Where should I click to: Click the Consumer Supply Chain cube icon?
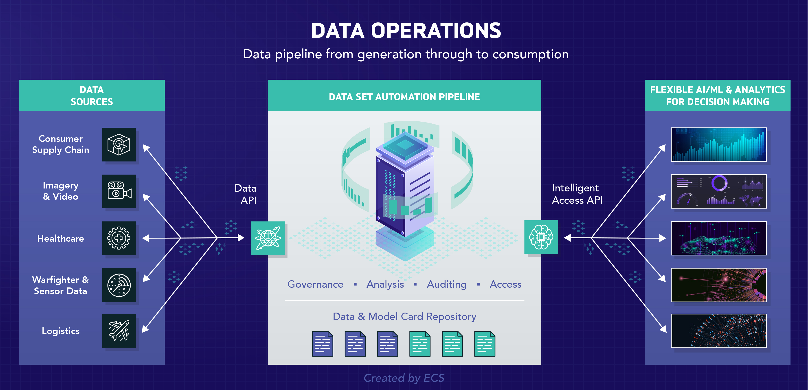coord(119,145)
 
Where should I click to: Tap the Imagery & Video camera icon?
coord(119,191)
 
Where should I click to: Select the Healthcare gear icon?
coord(119,238)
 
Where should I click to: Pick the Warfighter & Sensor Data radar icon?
coord(119,285)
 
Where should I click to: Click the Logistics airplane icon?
coord(119,331)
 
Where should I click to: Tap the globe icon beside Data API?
coord(268,238)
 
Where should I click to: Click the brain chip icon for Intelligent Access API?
coord(541,237)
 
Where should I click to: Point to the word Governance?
coord(315,284)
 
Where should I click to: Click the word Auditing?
coord(447,284)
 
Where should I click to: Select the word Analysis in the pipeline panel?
coord(385,284)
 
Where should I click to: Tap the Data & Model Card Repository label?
coord(404,316)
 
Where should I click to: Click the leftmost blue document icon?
coord(323,344)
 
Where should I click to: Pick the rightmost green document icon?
coord(485,344)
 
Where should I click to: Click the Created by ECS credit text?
coord(404,378)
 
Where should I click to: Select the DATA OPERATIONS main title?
coord(406,31)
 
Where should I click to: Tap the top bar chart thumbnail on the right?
coord(719,145)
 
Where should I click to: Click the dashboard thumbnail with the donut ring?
coord(719,191)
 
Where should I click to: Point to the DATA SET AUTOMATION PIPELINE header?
coord(404,97)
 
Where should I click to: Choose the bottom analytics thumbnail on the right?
coord(719,331)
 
